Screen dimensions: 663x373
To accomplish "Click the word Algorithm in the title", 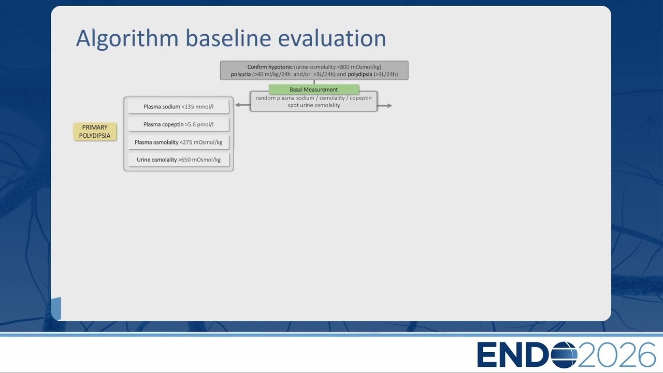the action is (x=127, y=39).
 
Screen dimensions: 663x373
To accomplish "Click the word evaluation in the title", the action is (x=332, y=38).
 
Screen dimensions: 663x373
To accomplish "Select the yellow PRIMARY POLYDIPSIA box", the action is (x=95, y=132).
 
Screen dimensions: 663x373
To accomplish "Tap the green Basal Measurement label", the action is (x=314, y=90).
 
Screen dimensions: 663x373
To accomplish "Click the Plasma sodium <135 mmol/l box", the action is (x=179, y=107).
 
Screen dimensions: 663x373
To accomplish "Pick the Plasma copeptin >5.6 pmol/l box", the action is (x=179, y=124).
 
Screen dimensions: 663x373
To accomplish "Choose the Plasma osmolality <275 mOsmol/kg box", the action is (x=179, y=142).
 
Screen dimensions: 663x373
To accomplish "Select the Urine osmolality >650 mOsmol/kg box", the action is (x=179, y=160).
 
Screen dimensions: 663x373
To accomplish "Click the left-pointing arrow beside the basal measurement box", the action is (x=243, y=105).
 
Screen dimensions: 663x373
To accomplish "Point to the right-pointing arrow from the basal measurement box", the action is (x=384, y=105).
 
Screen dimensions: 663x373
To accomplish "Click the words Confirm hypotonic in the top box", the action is (x=270, y=67).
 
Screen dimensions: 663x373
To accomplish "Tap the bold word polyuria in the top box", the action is (x=241, y=74).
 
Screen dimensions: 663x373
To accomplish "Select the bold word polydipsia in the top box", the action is (x=360, y=74).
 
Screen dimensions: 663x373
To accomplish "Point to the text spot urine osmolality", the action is (x=314, y=105).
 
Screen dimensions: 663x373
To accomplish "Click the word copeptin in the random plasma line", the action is (x=361, y=98).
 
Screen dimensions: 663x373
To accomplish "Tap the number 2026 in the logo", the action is (x=616, y=354).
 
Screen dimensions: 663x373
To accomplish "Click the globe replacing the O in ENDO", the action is (x=564, y=354).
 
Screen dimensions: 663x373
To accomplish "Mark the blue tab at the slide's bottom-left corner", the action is (x=56, y=308).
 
